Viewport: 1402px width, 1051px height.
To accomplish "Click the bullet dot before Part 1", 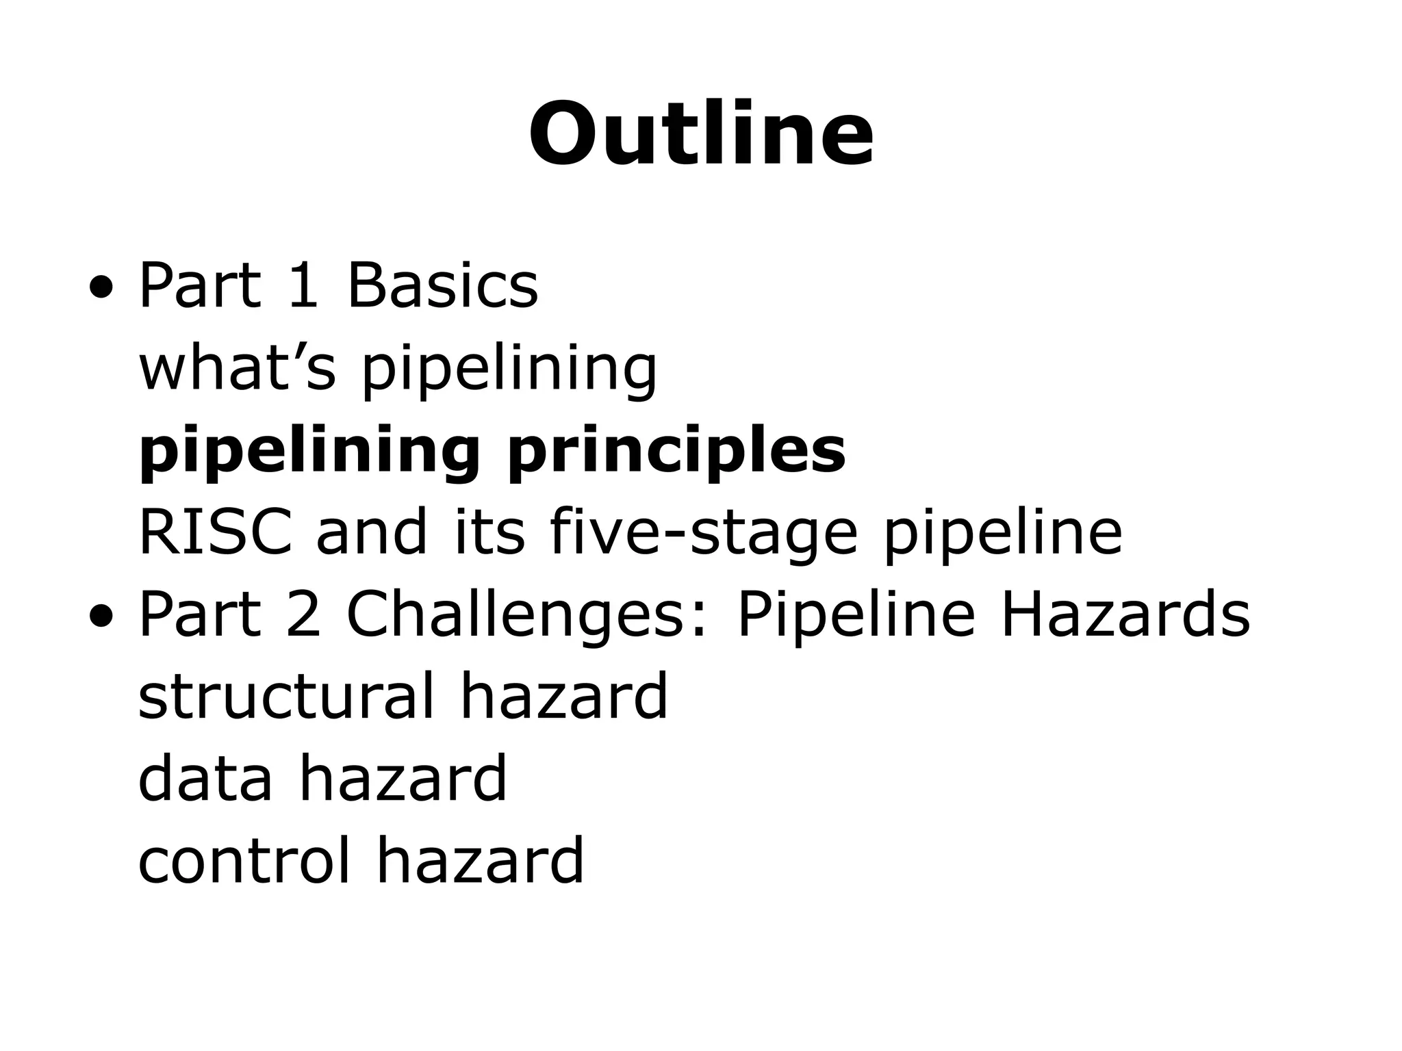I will coord(101,288).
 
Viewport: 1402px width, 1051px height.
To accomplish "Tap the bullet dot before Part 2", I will coord(101,617).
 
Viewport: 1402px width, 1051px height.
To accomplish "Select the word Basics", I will coord(443,286).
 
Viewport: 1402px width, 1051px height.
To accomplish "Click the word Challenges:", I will coord(526,614).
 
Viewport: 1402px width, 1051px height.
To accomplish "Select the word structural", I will coord(286,697).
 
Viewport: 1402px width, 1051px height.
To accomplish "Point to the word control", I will coord(244,861).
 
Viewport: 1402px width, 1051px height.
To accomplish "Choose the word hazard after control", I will coord(481,861).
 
